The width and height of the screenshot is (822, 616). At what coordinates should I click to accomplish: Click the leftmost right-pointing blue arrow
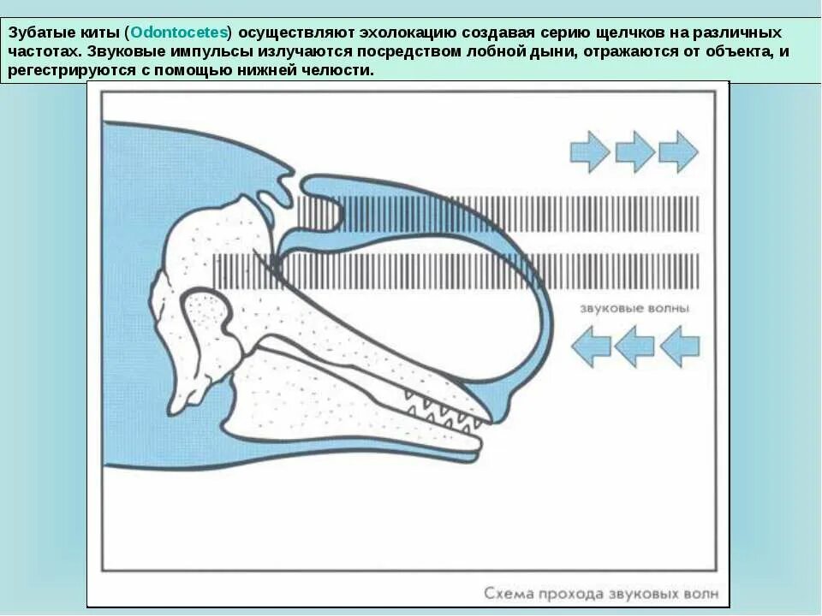[x=590, y=151]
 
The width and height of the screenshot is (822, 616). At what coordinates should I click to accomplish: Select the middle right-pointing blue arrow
[x=634, y=151]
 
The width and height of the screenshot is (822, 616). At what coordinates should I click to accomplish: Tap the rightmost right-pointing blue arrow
[x=678, y=151]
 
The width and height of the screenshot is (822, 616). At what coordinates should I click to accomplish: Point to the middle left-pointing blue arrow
[x=634, y=346]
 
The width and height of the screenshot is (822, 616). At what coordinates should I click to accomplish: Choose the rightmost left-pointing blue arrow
[x=679, y=346]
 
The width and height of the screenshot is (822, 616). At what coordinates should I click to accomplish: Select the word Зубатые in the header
[x=39, y=33]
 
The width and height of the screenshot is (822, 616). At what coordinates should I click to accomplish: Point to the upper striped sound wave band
[x=514, y=213]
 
